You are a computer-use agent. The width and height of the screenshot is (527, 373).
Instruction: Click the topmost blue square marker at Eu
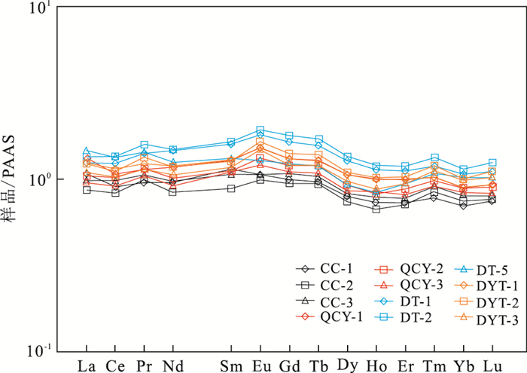tap(260, 130)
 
